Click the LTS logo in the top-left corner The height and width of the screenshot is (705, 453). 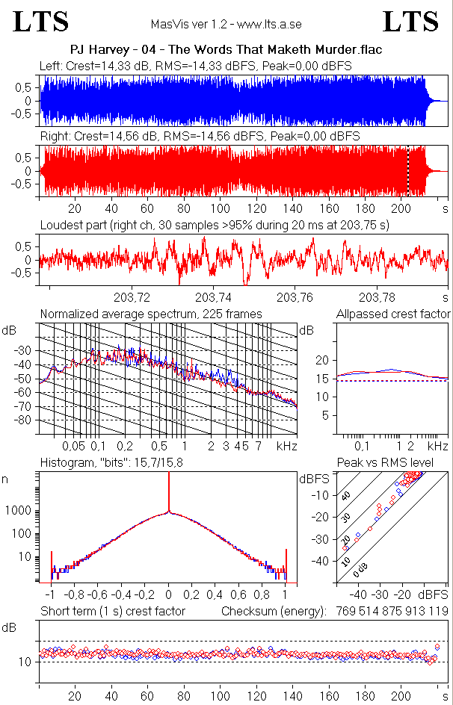(41, 22)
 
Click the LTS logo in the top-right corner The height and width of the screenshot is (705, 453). (411, 22)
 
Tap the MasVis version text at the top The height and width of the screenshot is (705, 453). (226, 24)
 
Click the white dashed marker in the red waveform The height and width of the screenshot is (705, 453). (408, 170)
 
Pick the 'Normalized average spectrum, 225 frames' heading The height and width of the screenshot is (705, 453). (151, 314)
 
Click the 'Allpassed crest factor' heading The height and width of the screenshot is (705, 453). (393, 314)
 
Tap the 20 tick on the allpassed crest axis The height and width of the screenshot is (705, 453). (322, 360)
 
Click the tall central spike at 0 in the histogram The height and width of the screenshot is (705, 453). (169, 493)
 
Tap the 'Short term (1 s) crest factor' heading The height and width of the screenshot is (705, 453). (112, 612)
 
